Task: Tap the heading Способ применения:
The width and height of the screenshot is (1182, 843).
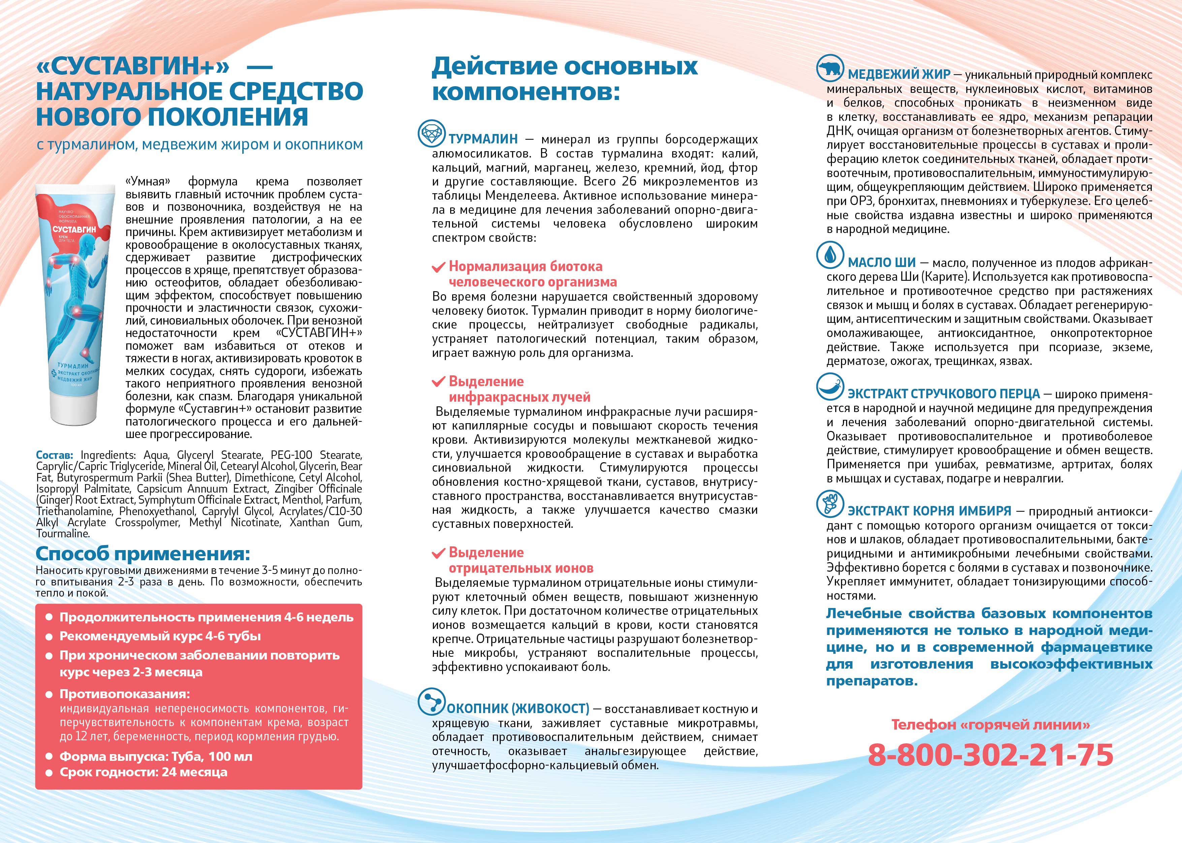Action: point(143,553)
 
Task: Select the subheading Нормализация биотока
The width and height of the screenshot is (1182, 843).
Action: point(525,266)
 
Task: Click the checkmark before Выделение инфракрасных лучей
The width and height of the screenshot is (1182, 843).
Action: point(438,382)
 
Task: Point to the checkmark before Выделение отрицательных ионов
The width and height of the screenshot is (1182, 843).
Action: point(438,553)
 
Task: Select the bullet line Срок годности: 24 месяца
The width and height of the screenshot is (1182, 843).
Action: point(143,772)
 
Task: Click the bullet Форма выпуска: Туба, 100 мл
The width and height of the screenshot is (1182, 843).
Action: point(156,756)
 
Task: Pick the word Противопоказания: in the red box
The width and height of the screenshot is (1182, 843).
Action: point(125,694)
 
